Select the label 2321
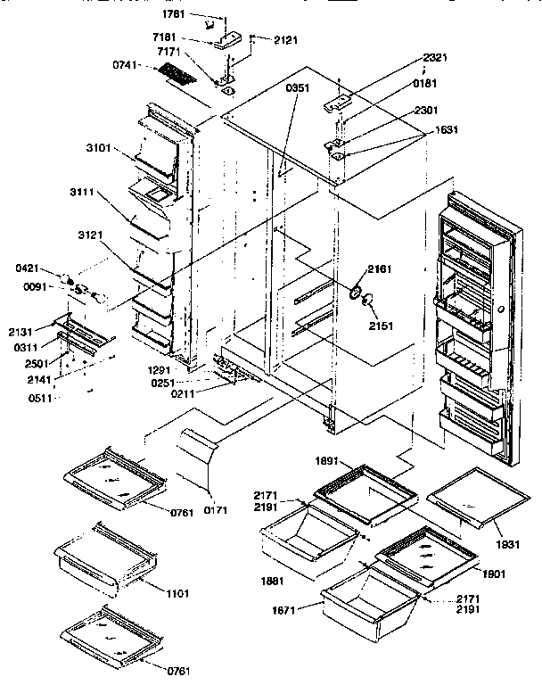pos(436,57)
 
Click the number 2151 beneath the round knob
pos(381,326)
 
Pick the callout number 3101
pos(97,148)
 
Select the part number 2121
pos(285,41)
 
